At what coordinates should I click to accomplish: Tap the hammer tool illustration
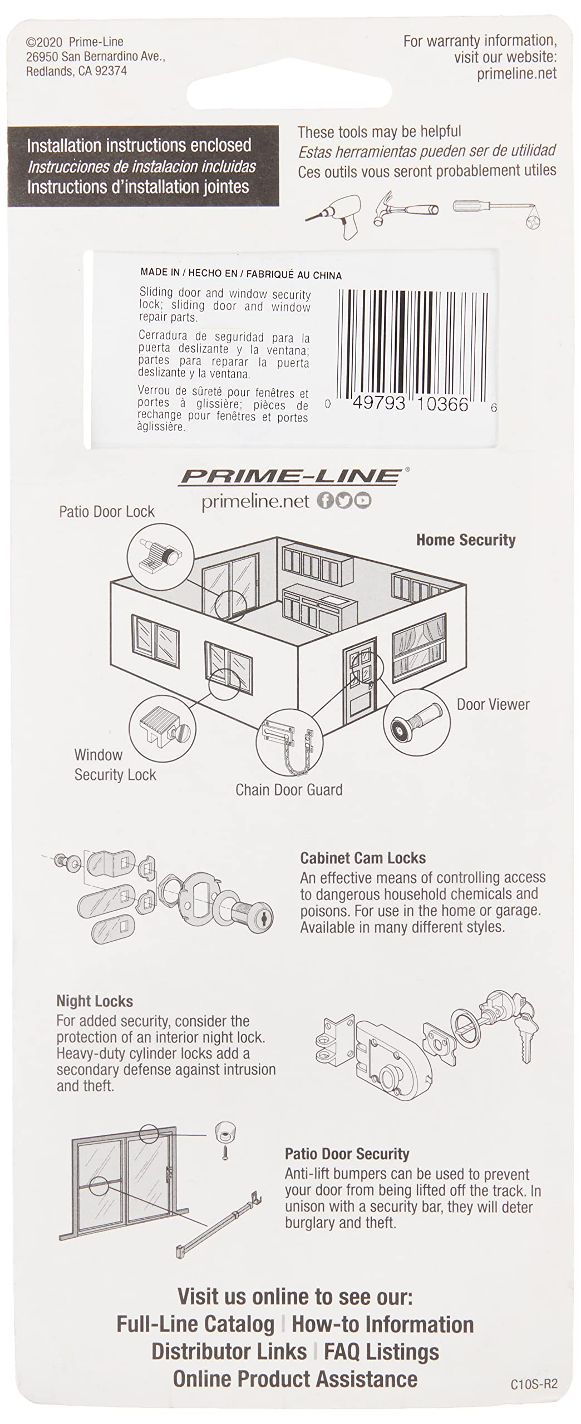[x=406, y=207]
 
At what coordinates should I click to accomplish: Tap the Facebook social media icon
[x=326, y=501]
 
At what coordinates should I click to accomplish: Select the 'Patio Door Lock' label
[x=107, y=512]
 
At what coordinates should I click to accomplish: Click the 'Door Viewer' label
[x=493, y=704]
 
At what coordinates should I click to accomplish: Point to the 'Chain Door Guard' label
[x=289, y=789]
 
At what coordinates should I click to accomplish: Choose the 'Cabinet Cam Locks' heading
[x=363, y=858]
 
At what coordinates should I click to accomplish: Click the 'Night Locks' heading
[x=95, y=1001]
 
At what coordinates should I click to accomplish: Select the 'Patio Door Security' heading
[x=347, y=1154]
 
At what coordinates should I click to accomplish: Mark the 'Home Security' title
[x=466, y=540]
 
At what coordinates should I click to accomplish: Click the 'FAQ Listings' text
[x=382, y=1351]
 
